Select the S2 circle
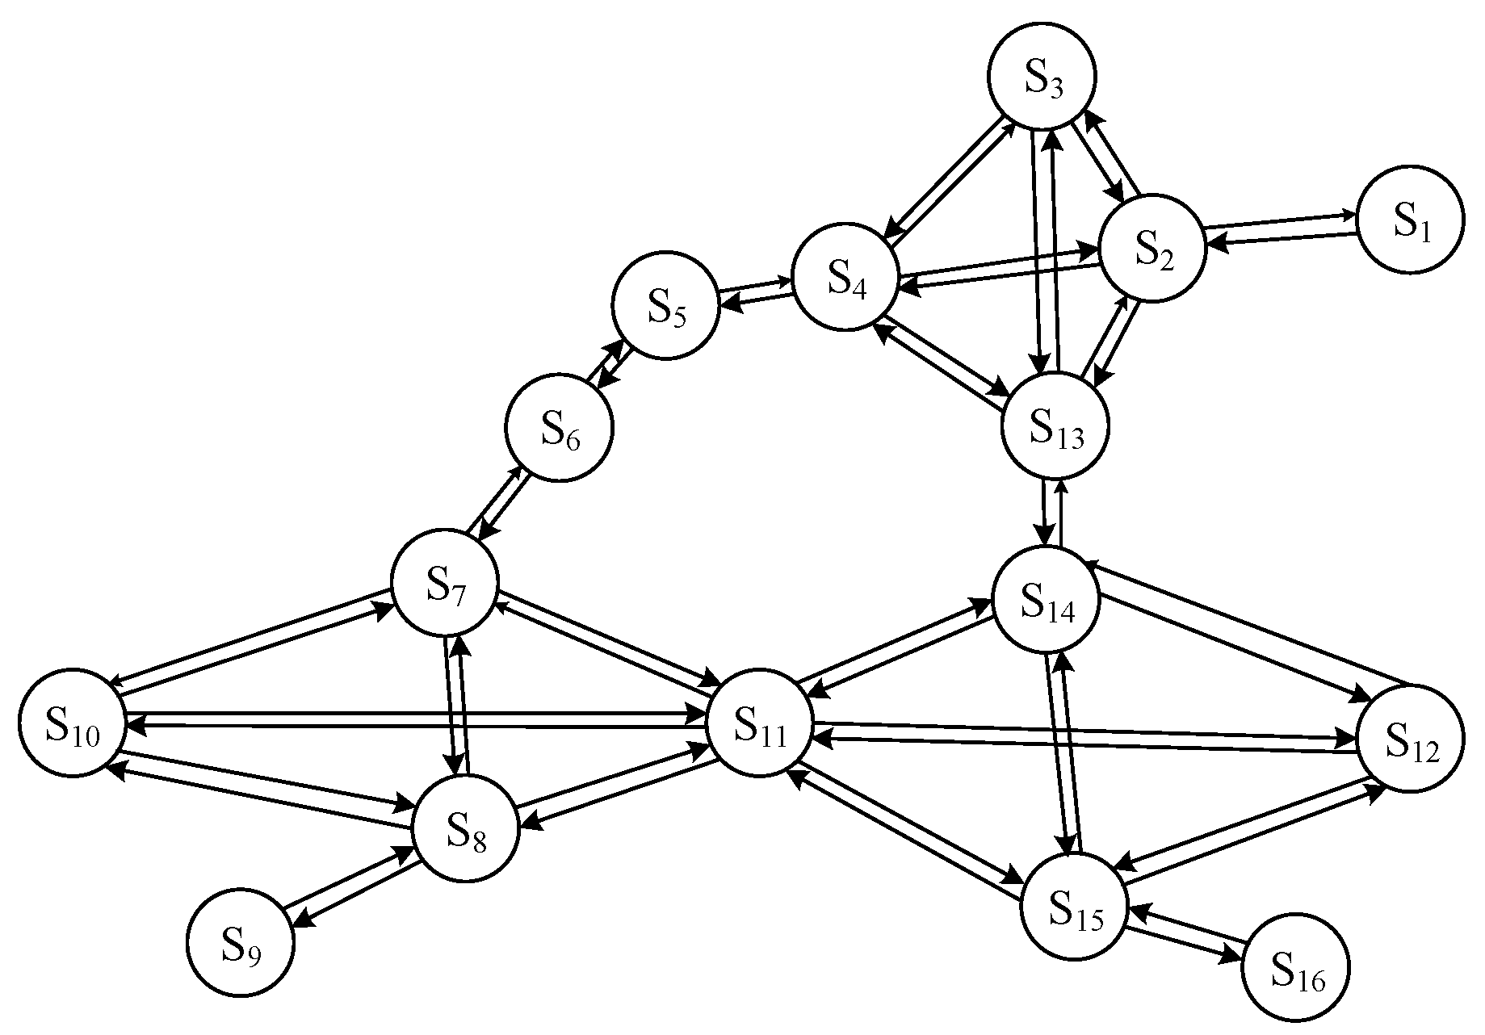tap(1152, 248)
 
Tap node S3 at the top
tap(1042, 77)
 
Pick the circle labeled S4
tap(845, 277)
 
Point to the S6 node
tap(560, 428)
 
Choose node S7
tap(445, 582)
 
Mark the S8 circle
tap(465, 828)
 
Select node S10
tap(73, 723)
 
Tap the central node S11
tap(759, 722)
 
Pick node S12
tap(1410, 739)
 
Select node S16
tap(1294, 966)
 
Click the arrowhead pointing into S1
tap(1351, 216)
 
